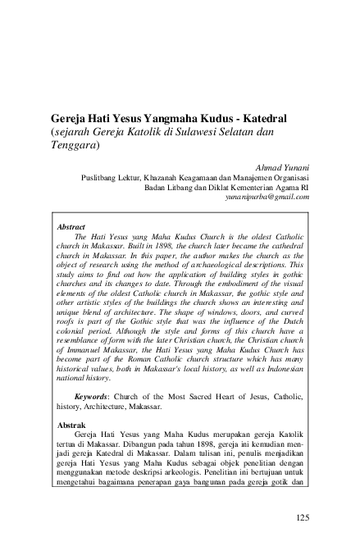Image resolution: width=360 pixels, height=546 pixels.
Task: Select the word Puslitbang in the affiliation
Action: tap(102, 175)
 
